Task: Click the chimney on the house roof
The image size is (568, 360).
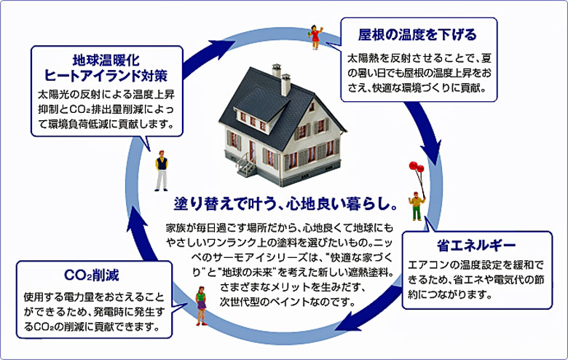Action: (285, 80)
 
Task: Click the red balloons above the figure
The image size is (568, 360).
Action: (416, 172)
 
